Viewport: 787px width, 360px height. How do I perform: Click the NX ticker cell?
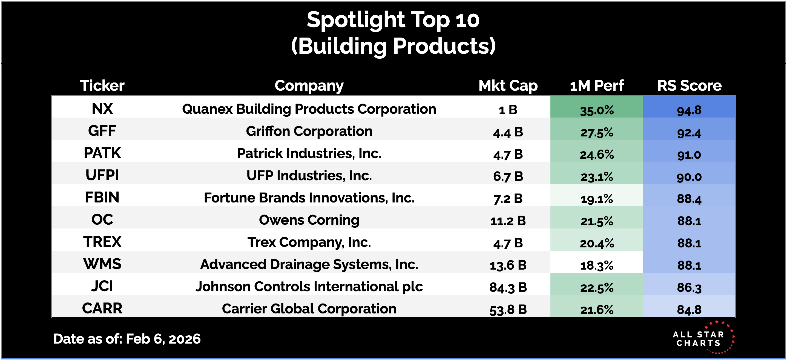pyautogui.click(x=102, y=108)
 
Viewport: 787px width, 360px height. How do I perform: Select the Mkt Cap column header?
pyautogui.click(x=508, y=85)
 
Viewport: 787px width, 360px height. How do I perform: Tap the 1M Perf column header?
pyautogui.click(x=597, y=85)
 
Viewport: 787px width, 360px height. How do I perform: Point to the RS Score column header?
pyautogui.click(x=689, y=85)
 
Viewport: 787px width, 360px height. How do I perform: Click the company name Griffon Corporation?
pyautogui.click(x=309, y=132)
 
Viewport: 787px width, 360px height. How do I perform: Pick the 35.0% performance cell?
pyautogui.click(x=597, y=110)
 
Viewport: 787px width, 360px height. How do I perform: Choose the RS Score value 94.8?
pyautogui.click(x=689, y=110)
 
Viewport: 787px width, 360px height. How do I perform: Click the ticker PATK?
pyautogui.click(x=102, y=153)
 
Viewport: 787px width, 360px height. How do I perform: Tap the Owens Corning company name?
pyautogui.click(x=309, y=220)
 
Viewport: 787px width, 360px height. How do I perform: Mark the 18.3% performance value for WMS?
pyautogui.click(x=597, y=265)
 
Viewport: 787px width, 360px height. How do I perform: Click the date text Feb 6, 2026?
pyautogui.click(x=163, y=339)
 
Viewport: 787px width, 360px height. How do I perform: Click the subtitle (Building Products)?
pyautogui.click(x=393, y=46)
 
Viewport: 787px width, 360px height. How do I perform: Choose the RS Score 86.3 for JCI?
pyautogui.click(x=689, y=287)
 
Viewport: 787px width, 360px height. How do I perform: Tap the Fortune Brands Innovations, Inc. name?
pyautogui.click(x=309, y=198)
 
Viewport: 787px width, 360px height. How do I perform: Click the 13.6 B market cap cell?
pyautogui.click(x=508, y=265)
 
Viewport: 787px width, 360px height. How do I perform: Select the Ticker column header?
pyautogui.click(x=102, y=85)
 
